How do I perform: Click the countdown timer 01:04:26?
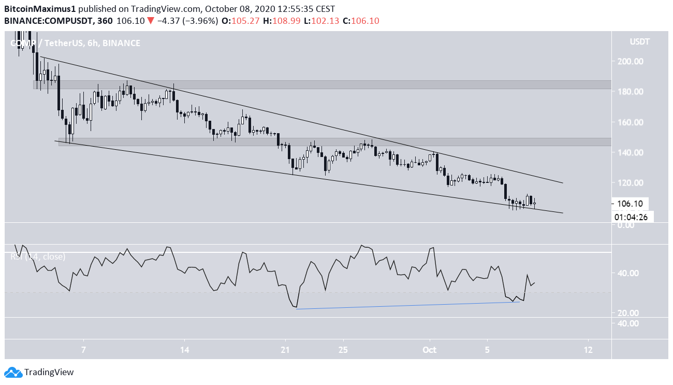[x=632, y=217]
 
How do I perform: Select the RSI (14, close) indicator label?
[x=38, y=256]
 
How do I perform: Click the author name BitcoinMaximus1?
[x=38, y=9]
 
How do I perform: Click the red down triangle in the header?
[x=150, y=21]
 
